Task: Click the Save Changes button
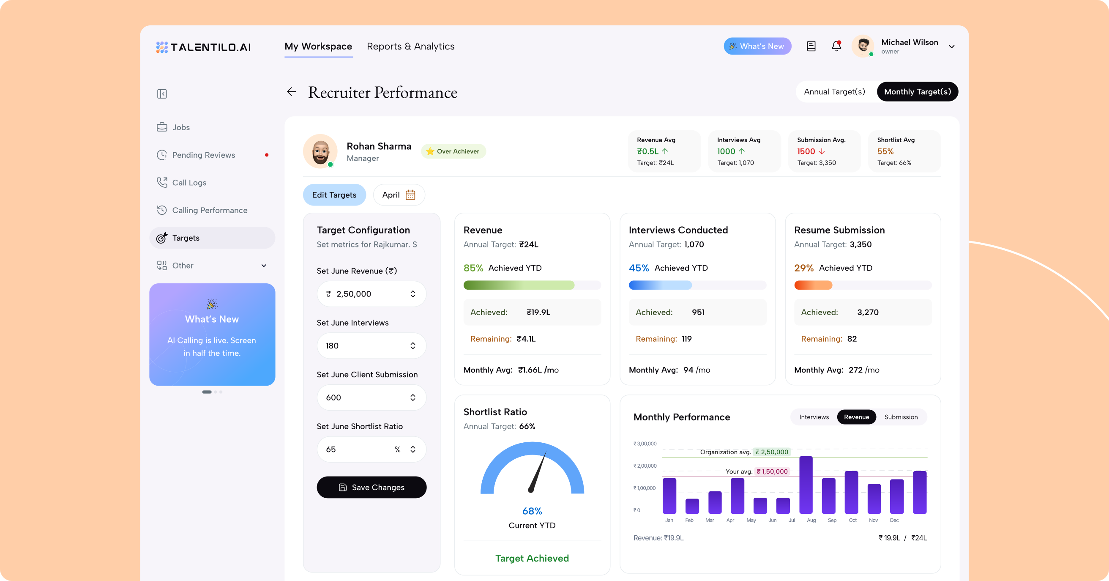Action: click(371, 487)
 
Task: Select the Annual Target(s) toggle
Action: click(834, 92)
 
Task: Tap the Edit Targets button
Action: click(334, 195)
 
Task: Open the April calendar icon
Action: click(410, 195)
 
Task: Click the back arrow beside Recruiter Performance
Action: click(292, 92)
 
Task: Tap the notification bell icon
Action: click(836, 46)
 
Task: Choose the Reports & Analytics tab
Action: click(410, 46)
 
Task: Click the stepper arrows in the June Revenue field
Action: click(413, 294)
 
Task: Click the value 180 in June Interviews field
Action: click(332, 346)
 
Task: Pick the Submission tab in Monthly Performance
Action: click(901, 417)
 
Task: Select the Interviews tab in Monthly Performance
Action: click(814, 417)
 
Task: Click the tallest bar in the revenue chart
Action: click(806, 485)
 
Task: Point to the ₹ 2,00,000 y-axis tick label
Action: click(645, 466)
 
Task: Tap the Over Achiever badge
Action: click(453, 151)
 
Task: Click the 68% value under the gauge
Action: click(532, 511)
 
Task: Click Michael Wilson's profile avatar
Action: click(863, 46)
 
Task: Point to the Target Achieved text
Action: click(532, 558)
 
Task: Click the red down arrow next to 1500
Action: click(822, 151)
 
